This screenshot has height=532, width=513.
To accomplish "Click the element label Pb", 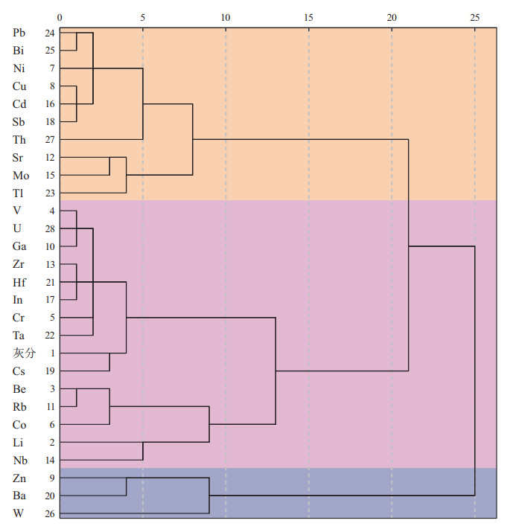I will [19, 33].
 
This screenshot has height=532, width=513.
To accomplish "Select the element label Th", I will [19, 139].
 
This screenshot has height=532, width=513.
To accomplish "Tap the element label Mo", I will [20, 175].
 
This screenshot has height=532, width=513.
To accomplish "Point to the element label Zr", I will [19, 264].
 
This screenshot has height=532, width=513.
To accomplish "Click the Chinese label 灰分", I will [23, 353].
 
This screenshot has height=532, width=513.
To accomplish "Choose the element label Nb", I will [19, 460].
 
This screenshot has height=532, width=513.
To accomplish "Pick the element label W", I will [18, 513].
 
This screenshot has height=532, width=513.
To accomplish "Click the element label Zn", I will [19, 478].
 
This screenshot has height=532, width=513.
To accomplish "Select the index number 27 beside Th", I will [49, 139].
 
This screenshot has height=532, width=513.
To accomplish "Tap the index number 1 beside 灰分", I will [51, 353].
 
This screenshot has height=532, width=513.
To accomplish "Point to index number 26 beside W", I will [49, 513].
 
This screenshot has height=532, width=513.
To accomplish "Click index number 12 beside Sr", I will [49, 157].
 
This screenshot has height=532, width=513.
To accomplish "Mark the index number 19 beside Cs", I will [49, 371].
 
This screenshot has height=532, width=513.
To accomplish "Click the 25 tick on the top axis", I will [475, 16].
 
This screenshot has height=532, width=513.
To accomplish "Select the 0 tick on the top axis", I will [60, 16].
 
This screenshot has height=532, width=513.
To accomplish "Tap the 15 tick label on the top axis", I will [309, 16].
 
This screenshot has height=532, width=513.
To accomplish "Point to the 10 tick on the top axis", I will [226, 16].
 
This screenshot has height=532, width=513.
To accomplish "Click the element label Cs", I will [19, 371].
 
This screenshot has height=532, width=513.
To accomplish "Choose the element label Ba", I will [19, 496].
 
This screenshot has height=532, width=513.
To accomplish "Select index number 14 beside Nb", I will [49, 460].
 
